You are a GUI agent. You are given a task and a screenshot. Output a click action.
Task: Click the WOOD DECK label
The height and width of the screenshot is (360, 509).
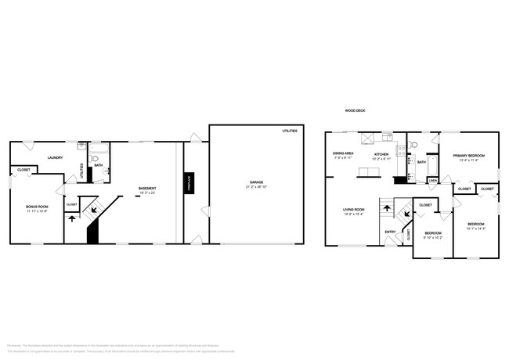355,111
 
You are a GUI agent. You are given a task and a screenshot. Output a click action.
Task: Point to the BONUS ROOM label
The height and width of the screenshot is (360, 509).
38,207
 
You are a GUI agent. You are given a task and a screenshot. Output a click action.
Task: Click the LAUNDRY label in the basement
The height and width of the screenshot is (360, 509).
55,158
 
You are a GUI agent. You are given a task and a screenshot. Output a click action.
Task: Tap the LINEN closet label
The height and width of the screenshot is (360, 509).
433,181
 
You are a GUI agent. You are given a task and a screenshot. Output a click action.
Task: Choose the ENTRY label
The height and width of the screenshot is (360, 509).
389,232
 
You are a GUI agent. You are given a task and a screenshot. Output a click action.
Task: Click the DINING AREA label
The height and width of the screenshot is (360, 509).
343,154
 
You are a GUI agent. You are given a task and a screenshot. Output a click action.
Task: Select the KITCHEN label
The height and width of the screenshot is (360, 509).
381,155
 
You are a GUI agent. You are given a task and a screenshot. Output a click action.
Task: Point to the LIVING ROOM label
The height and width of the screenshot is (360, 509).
354,210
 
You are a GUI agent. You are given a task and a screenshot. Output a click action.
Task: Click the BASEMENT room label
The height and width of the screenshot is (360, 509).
146,189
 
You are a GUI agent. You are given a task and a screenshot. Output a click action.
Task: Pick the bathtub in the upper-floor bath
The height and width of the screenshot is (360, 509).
431,164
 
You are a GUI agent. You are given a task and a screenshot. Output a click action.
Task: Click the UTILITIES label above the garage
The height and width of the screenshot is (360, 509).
290,131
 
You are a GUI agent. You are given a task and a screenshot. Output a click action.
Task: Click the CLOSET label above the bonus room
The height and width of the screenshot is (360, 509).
23,170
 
